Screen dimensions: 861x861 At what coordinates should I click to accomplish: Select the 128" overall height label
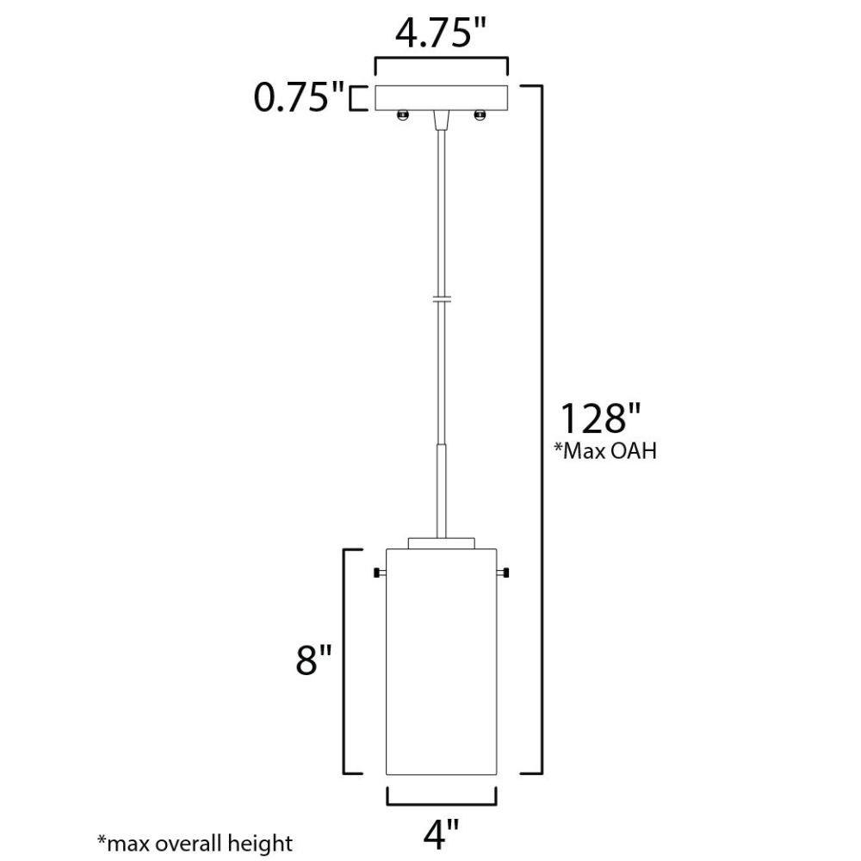tap(599, 418)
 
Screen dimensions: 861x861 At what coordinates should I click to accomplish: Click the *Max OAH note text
tap(605, 451)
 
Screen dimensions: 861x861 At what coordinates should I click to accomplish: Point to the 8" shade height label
tap(314, 660)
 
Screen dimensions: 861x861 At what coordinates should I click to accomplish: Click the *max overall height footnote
tap(195, 843)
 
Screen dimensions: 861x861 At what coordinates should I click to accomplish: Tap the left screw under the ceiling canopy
tap(402, 115)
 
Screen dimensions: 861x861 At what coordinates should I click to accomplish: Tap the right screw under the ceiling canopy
tap(480, 115)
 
